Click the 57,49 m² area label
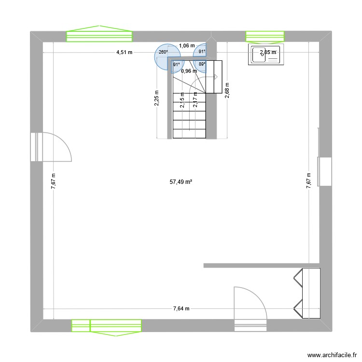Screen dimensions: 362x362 pos(181,182)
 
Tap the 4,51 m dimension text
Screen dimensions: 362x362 pos(124,53)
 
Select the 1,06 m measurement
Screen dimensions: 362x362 pos(186,46)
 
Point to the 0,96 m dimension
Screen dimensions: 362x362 pos(189,71)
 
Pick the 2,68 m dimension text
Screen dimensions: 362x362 pos(227,90)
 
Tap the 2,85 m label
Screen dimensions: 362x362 pos(268,53)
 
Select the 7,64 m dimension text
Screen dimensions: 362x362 pos(182,309)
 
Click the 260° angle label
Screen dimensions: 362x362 pos(163,53)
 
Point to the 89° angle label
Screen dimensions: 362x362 pos(202,64)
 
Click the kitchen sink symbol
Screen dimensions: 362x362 pos(265,55)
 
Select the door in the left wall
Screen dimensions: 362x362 pos(53,146)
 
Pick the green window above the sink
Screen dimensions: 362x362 pos(265,36)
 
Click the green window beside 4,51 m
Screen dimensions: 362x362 pos(99,35)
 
